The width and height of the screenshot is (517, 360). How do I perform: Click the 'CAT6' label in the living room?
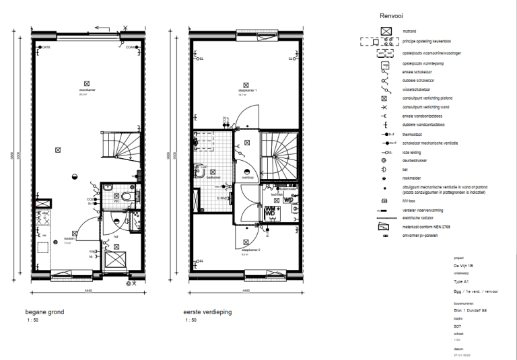click(x=46, y=47)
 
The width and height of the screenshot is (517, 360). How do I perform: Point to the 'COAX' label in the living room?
click(x=130, y=47)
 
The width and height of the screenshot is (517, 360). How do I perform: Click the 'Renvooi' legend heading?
click(x=391, y=15)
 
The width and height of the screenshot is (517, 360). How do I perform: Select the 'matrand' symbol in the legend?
click(x=386, y=31)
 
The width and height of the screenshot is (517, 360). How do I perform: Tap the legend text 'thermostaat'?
click(x=412, y=135)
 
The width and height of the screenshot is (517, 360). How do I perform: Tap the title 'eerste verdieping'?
click(x=207, y=312)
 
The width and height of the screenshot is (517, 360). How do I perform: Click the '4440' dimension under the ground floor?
click(x=88, y=291)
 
